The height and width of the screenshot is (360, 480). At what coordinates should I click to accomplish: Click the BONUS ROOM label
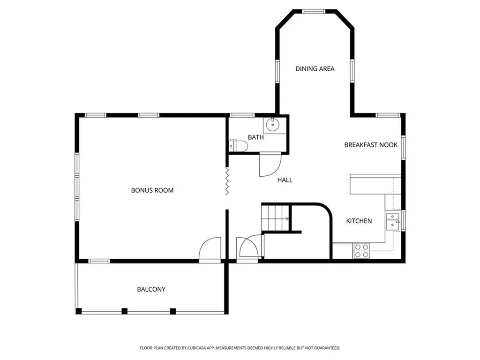click(152, 190)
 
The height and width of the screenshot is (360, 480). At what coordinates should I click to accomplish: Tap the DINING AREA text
click(315, 69)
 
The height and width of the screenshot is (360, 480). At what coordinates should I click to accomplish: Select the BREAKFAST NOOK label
click(371, 145)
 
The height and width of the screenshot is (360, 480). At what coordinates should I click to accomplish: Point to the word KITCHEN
click(359, 221)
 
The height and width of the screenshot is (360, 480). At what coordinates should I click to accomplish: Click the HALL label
click(285, 180)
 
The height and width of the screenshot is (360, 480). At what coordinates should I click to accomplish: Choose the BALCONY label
click(151, 289)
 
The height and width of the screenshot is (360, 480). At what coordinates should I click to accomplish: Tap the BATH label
click(255, 137)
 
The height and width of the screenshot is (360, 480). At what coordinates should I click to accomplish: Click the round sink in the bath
click(272, 125)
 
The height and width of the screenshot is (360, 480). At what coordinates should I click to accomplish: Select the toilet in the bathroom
click(238, 146)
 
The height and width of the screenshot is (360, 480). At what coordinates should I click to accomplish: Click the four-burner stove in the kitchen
click(361, 251)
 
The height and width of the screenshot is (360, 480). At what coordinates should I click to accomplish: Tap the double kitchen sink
click(392, 221)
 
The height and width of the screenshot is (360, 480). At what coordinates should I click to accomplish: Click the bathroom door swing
click(270, 165)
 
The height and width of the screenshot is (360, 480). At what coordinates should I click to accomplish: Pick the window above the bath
click(242, 115)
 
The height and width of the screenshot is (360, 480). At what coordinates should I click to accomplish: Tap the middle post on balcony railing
click(125, 311)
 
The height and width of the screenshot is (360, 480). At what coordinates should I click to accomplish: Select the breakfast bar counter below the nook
click(375, 184)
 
